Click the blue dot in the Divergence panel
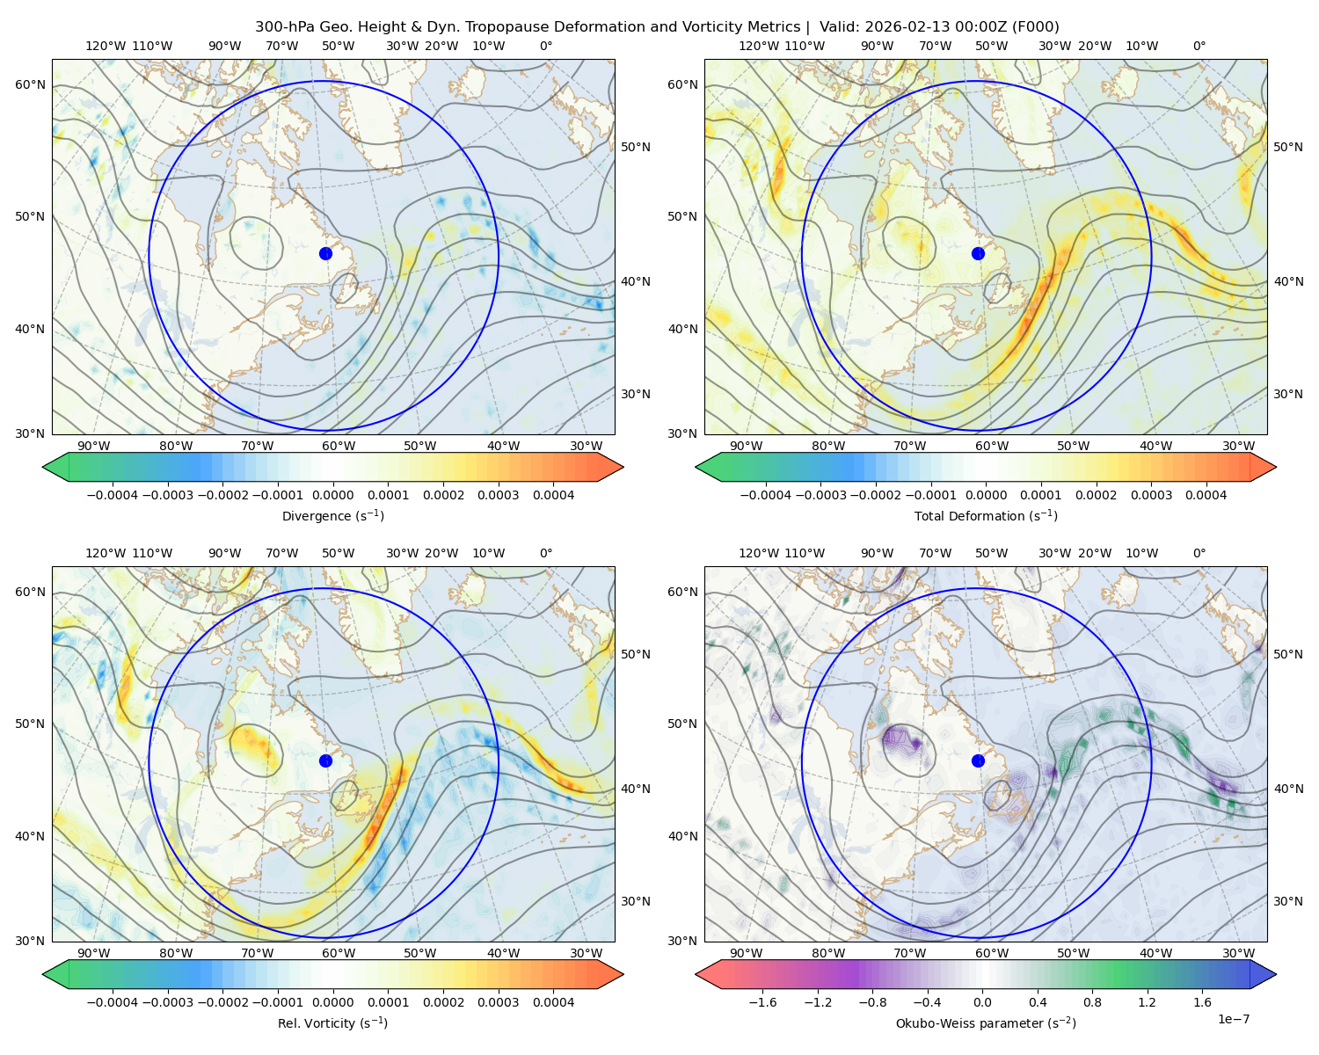click(325, 254)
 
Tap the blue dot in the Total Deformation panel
click(978, 254)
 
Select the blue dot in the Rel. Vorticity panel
click(325, 760)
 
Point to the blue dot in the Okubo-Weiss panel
click(978, 760)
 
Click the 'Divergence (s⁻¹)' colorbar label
click(332, 516)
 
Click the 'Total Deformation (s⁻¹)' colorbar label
click(986, 516)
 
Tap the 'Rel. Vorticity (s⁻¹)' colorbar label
click(332, 1023)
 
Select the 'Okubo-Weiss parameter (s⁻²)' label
click(986, 1023)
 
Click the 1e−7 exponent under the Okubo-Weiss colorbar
click(1233, 1019)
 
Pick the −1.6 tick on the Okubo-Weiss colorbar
click(762, 1002)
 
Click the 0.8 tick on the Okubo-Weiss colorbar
click(1092, 1002)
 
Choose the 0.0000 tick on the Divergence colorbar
click(332, 495)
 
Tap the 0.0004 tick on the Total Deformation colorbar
click(1206, 495)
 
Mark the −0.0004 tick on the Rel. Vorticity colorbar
click(113, 1002)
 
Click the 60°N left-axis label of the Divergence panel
click(30, 84)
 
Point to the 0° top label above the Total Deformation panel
click(1199, 46)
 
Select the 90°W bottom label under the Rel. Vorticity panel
click(94, 953)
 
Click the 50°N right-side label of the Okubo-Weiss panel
click(1287, 654)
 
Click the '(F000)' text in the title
click(1037, 27)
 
